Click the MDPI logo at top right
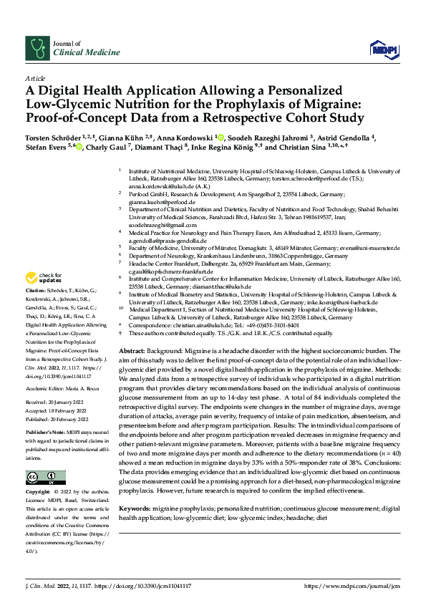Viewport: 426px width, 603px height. coord(379,49)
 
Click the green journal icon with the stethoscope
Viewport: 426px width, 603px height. coord(37,48)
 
